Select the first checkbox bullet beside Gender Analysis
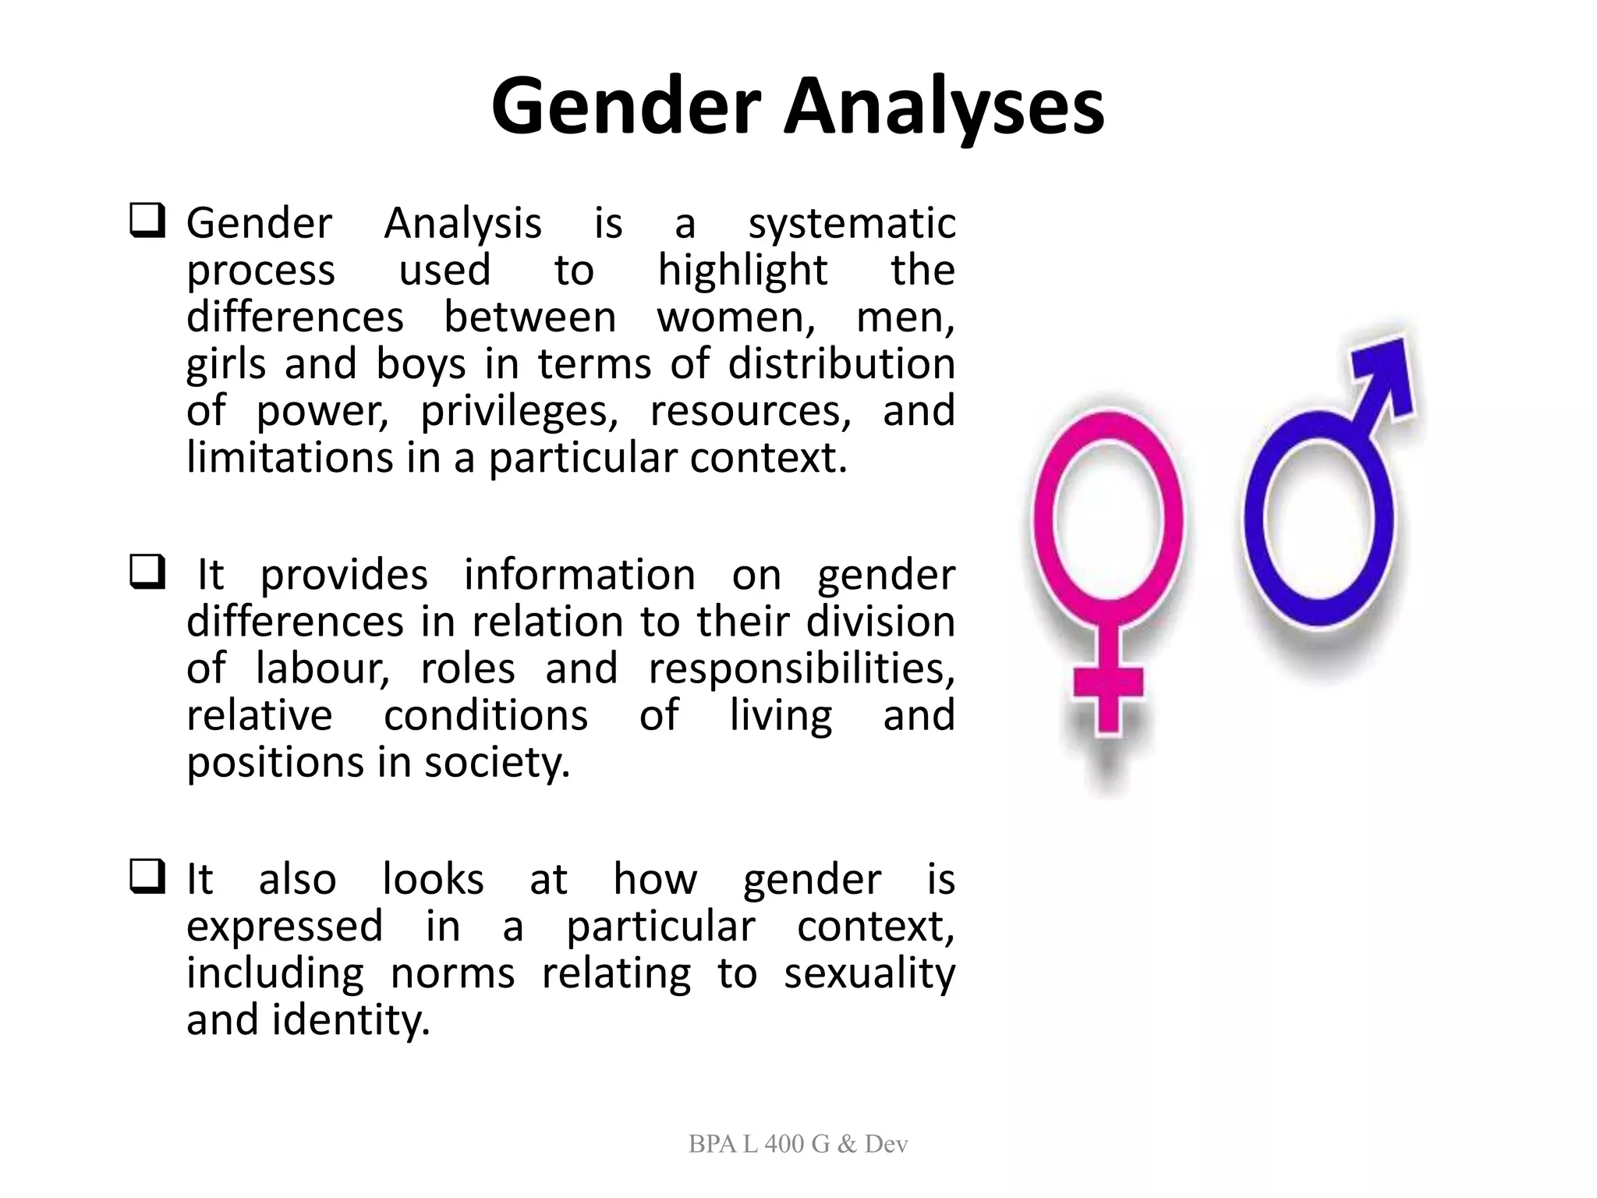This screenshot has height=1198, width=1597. [147, 222]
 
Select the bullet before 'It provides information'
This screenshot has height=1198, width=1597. [147, 572]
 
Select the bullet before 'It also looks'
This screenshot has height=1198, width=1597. [147, 877]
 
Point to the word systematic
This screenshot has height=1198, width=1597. [852, 225]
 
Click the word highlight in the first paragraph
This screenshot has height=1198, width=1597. [742, 271]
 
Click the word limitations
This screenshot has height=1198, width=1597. [289, 457]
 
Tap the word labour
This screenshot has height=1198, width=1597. [322, 669]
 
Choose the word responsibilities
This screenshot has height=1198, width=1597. [801, 669]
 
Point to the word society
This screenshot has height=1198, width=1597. [497, 763]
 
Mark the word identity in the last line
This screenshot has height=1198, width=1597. [350, 1020]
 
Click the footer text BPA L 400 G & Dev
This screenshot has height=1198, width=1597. [798, 1144]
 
